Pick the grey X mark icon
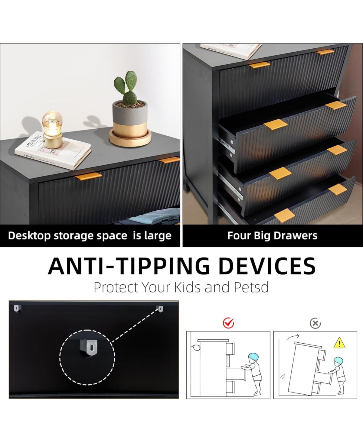(315, 324)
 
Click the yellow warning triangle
(339, 343)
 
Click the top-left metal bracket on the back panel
(17, 308)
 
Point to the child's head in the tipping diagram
(338, 361)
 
